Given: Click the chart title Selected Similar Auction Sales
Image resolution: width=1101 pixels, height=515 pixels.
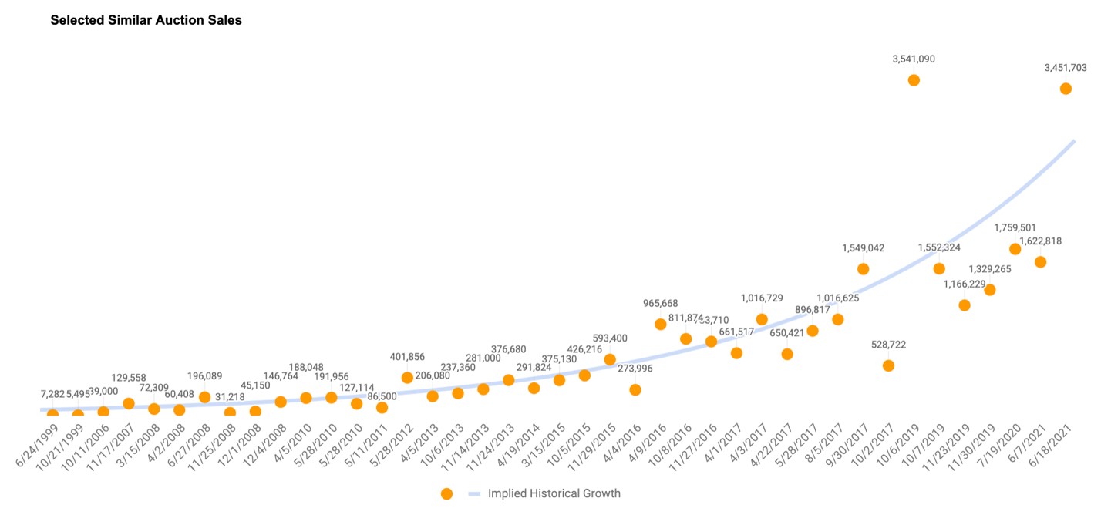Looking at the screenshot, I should pyautogui.click(x=146, y=21).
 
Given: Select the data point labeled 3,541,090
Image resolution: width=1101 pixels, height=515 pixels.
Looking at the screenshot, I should pyautogui.click(x=914, y=79).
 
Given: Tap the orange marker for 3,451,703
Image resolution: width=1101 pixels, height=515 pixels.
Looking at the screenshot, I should pyautogui.click(x=1066, y=89).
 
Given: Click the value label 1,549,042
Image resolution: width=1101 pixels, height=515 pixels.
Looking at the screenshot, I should pyautogui.click(x=863, y=248).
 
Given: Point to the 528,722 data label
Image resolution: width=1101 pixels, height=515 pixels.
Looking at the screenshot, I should pyautogui.click(x=888, y=345).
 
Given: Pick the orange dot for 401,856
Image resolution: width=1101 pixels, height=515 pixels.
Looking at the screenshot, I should pyautogui.click(x=407, y=377).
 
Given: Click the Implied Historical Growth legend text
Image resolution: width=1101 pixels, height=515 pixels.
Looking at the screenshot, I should pyautogui.click(x=554, y=493).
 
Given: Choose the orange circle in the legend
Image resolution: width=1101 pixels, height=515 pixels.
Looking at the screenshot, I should pyautogui.click(x=446, y=493).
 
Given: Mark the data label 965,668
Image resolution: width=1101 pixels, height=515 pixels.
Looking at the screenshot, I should pyautogui.click(x=661, y=303).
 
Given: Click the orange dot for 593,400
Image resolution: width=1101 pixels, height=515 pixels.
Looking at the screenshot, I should pyautogui.click(x=610, y=359).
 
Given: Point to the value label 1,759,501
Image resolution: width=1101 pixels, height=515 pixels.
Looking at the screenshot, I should pyautogui.click(x=1015, y=227).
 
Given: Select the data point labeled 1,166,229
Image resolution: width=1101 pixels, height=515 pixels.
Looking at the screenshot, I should pyautogui.click(x=964, y=305).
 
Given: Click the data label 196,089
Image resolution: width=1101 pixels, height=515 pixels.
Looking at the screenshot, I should pyautogui.click(x=204, y=376).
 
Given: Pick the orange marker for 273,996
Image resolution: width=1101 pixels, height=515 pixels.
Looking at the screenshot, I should pyautogui.click(x=635, y=389).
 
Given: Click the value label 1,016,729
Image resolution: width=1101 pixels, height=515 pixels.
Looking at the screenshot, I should pyautogui.click(x=762, y=298).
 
